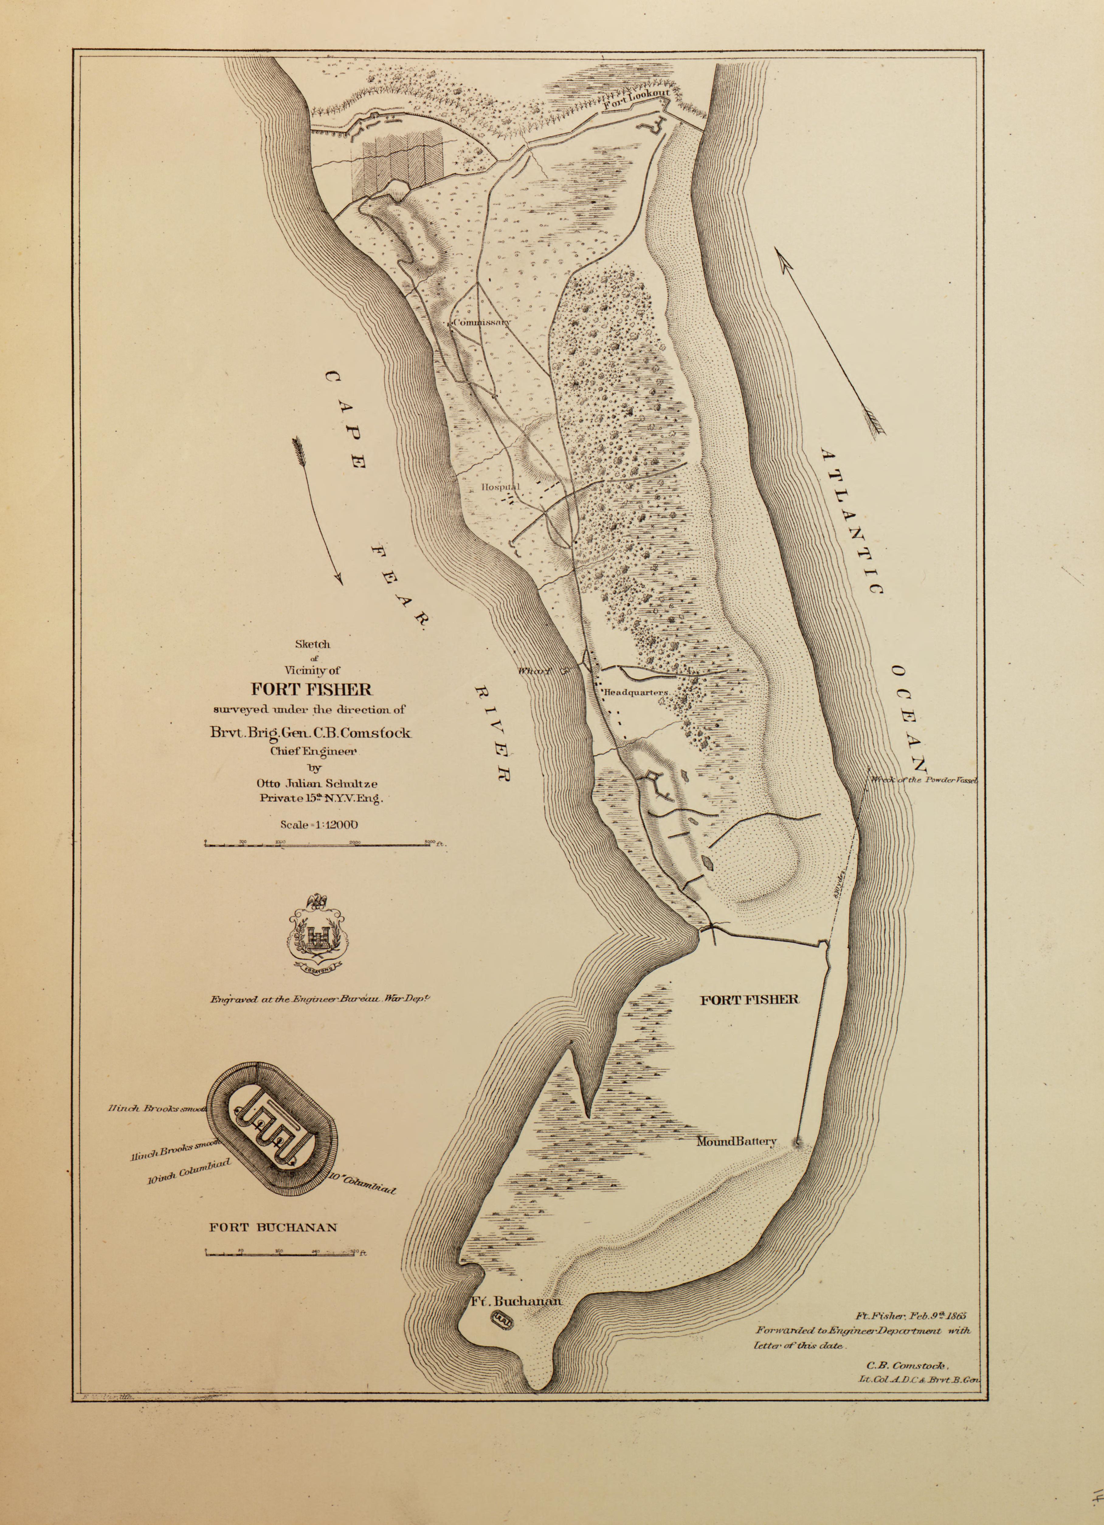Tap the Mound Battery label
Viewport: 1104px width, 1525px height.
click(x=737, y=1141)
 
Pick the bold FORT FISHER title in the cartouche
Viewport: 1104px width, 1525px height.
click(x=312, y=689)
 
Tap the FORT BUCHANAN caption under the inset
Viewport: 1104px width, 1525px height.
click(x=273, y=1227)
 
